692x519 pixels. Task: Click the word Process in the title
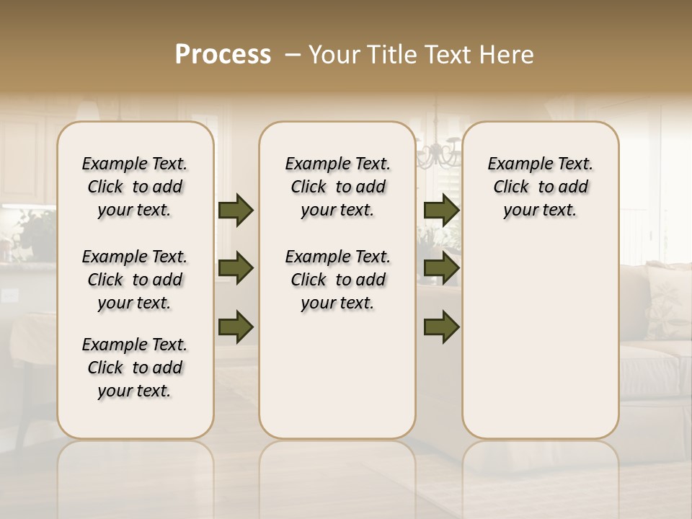click(223, 54)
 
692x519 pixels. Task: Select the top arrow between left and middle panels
click(236, 210)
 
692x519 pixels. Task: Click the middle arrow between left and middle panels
click(236, 268)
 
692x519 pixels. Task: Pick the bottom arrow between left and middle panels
click(236, 327)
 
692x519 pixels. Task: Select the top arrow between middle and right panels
click(441, 210)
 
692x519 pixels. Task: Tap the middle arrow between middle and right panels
click(441, 268)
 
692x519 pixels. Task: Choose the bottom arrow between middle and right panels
click(441, 327)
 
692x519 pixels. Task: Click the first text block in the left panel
click(135, 187)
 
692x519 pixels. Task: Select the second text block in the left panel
click(135, 280)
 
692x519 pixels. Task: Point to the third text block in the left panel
click(135, 368)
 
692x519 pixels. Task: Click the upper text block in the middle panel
click(337, 187)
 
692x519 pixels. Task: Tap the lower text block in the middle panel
click(337, 280)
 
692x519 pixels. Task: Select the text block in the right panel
click(540, 187)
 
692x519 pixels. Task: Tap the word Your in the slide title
click(334, 54)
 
